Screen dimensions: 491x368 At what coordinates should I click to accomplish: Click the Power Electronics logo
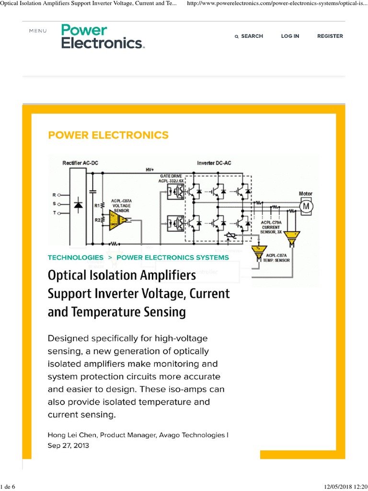pos(103,36)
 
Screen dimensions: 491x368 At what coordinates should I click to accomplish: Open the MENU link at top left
pos(38,31)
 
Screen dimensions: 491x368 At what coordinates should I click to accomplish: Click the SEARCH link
pos(252,36)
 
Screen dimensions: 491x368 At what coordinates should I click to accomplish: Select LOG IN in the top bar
pos(290,36)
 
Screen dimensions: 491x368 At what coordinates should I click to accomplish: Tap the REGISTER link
pos(330,36)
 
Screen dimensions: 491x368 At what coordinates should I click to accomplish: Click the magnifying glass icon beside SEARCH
pos(237,36)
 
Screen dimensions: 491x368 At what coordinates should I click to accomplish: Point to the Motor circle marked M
pos(305,205)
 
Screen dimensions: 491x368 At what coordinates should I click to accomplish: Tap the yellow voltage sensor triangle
pos(117,220)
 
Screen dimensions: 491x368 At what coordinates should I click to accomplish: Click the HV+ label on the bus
pos(150,170)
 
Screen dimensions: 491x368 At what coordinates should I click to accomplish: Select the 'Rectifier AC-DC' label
pos(80,163)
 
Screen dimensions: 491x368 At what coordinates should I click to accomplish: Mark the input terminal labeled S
pos(55,203)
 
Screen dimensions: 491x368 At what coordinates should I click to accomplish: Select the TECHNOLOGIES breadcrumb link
pos(75,257)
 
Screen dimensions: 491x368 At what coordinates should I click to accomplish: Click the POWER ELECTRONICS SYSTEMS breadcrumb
pos(172,257)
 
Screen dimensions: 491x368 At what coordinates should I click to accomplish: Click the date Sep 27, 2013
pos(68,445)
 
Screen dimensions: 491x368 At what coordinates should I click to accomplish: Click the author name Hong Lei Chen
pos(70,435)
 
